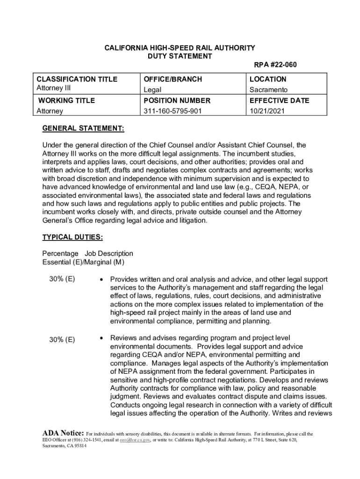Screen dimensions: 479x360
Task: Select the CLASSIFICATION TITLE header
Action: point(77,79)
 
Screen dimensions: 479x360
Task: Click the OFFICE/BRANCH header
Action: point(173,79)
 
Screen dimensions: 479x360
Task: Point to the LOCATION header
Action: point(268,79)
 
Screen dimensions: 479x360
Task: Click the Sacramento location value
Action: point(268,89)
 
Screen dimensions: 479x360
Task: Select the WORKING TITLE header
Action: point(66,101)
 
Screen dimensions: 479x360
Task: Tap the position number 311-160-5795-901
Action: point(174,111)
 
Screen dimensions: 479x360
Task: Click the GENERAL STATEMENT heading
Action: point(83,128)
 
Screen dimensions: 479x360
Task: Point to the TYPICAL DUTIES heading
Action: point(72,237)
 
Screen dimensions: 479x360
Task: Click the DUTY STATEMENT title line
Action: point(180,57)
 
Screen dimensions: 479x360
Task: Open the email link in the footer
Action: point(135,440)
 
